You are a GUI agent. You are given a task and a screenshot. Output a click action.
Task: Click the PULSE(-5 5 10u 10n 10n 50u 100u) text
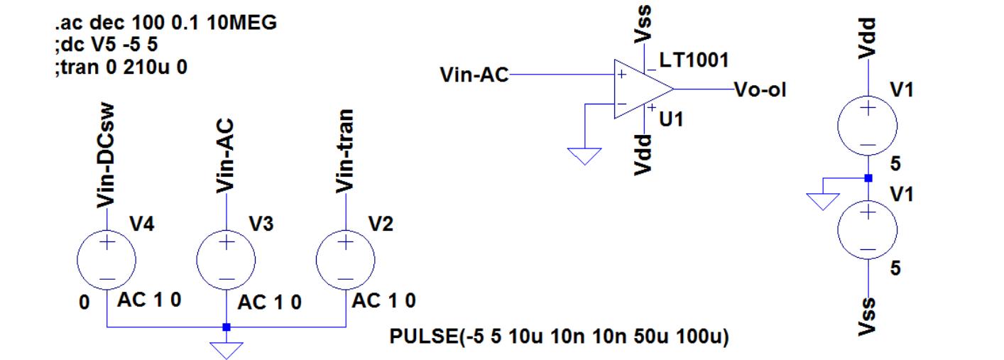(x=560, y=336)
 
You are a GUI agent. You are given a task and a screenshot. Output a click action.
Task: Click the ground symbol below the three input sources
(x=226, y=348)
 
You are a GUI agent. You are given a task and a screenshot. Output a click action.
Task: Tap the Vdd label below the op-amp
(x=644, y=153)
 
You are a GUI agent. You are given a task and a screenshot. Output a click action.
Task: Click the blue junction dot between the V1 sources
(x=868, y=178)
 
